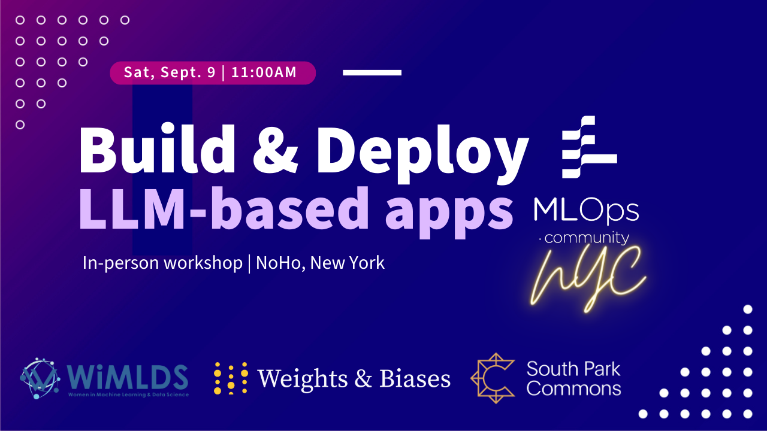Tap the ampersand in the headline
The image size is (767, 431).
(275, 150)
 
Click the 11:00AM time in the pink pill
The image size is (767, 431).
(264, 72)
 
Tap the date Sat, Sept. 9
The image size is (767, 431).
(170, 72)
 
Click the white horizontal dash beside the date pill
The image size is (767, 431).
(372, 72)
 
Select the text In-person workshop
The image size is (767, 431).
(162, 263)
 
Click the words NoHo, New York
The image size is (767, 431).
(320, 263)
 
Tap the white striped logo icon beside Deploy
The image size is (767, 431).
(589, 147)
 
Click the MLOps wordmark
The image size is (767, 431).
(586, 210)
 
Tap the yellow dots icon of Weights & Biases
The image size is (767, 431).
(231, 378)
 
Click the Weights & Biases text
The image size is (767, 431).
(354, 379)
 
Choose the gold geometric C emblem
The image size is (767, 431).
(493, 378)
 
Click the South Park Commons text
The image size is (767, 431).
(574, 379)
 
